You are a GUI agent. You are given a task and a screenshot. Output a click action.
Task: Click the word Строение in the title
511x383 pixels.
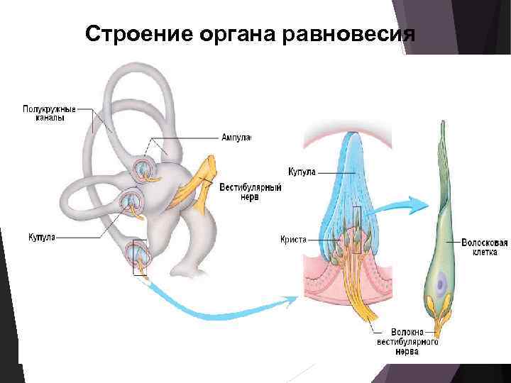click(x=131, y=33)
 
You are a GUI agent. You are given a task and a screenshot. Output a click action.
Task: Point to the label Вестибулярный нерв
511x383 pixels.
click(x=251, y=193)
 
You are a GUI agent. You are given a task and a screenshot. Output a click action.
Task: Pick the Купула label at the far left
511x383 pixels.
click(x=41, y=236)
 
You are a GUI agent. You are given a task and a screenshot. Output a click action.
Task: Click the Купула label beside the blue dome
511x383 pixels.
click(x=302, y=171)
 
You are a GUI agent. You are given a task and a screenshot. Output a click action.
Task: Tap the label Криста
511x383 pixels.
click(x=293, y=240)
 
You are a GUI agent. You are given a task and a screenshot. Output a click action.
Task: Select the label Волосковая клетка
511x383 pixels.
click(x=484, y=247)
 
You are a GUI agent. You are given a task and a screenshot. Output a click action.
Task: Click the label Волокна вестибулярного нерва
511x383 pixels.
click(x=407, y=341)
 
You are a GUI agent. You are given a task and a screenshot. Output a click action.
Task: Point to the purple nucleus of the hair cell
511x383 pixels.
click(x=441, y=285)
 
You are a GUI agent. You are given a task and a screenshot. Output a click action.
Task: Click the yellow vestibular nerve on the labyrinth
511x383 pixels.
click(x=199, y=177)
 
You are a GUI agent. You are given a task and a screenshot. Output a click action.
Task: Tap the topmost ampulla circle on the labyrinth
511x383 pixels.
click(x=142, y=168)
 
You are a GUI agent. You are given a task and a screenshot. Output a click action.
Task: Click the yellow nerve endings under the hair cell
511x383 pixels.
click(x=440, y=316)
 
